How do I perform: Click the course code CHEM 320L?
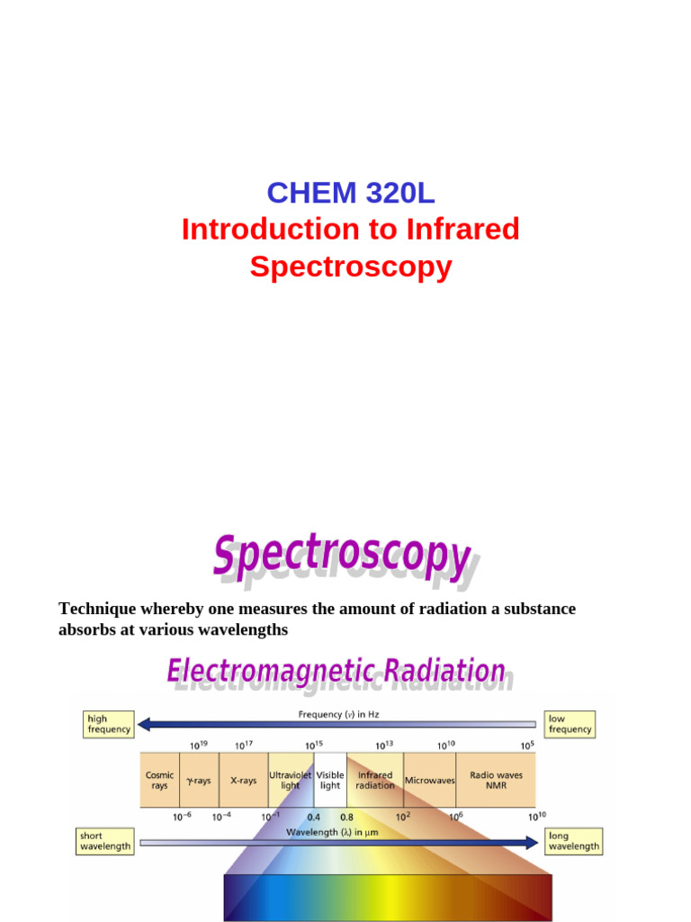350,193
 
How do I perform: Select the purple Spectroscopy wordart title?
342,556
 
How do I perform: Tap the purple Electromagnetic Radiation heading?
337,672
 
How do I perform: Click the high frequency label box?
109,724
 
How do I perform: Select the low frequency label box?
570,724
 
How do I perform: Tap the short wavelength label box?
105,841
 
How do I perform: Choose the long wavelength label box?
573,841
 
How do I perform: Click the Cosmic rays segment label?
159,780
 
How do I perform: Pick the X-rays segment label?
243,781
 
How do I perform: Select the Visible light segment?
330,780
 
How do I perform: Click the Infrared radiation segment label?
375,780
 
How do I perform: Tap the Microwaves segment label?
430,781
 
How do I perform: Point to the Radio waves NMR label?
496,780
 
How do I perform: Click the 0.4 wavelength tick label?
313,818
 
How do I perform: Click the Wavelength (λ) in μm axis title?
333,832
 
